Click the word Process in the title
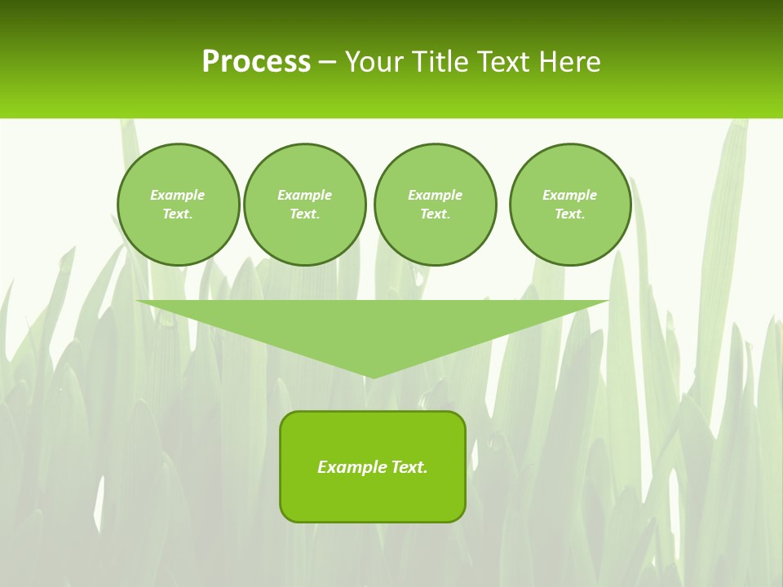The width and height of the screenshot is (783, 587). point(256,62)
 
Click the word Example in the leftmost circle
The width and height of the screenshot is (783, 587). point(178,195)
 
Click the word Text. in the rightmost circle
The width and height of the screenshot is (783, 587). point(570,214)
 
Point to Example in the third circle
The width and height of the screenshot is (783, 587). point(436,195)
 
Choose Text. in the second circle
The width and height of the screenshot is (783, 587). point(305,214)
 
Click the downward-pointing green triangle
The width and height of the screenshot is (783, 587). point(373,326)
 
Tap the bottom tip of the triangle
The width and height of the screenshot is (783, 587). point(373,376)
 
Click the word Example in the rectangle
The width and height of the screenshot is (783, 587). point(352,467)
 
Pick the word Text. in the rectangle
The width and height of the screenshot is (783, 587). point(409,467)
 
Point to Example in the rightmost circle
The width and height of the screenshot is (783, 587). point(570,195)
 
